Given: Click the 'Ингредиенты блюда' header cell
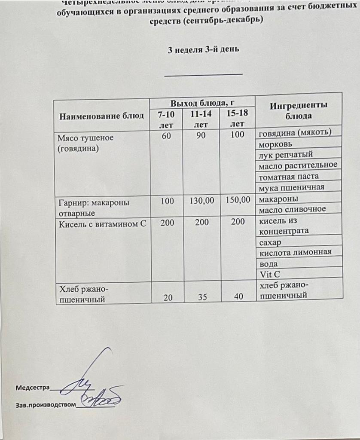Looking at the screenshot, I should (x=299, y=110).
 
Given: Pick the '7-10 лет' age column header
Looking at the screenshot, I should (x=166, y=119).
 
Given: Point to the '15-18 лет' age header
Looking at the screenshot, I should (x=237, y=119).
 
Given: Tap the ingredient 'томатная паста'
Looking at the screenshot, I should (x=289, y=177).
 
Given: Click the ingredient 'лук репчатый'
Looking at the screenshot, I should (x=286, y=155).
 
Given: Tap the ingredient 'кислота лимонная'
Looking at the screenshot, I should (x=296, y=252).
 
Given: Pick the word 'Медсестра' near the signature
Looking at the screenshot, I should (x=33, y=388).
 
